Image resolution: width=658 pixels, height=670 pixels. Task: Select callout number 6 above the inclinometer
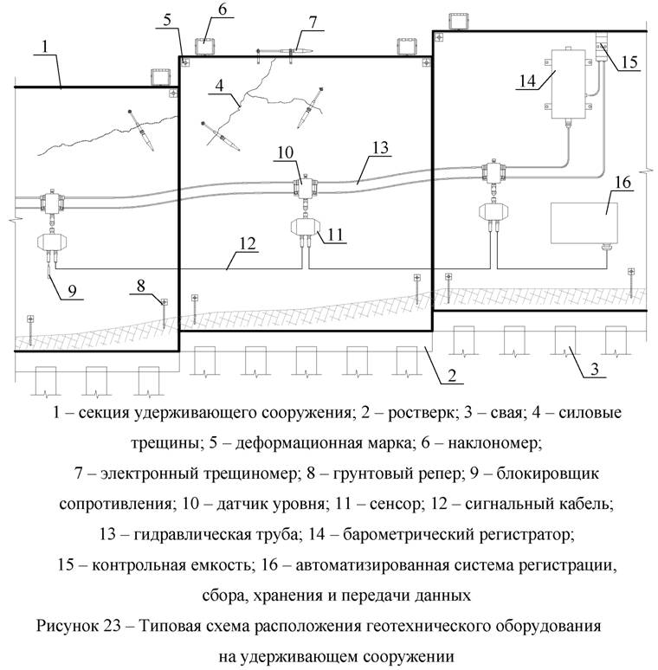pos(222,10)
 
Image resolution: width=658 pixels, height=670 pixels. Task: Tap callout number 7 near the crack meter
pos(313,21)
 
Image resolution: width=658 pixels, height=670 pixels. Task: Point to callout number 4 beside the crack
pos(222,87)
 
